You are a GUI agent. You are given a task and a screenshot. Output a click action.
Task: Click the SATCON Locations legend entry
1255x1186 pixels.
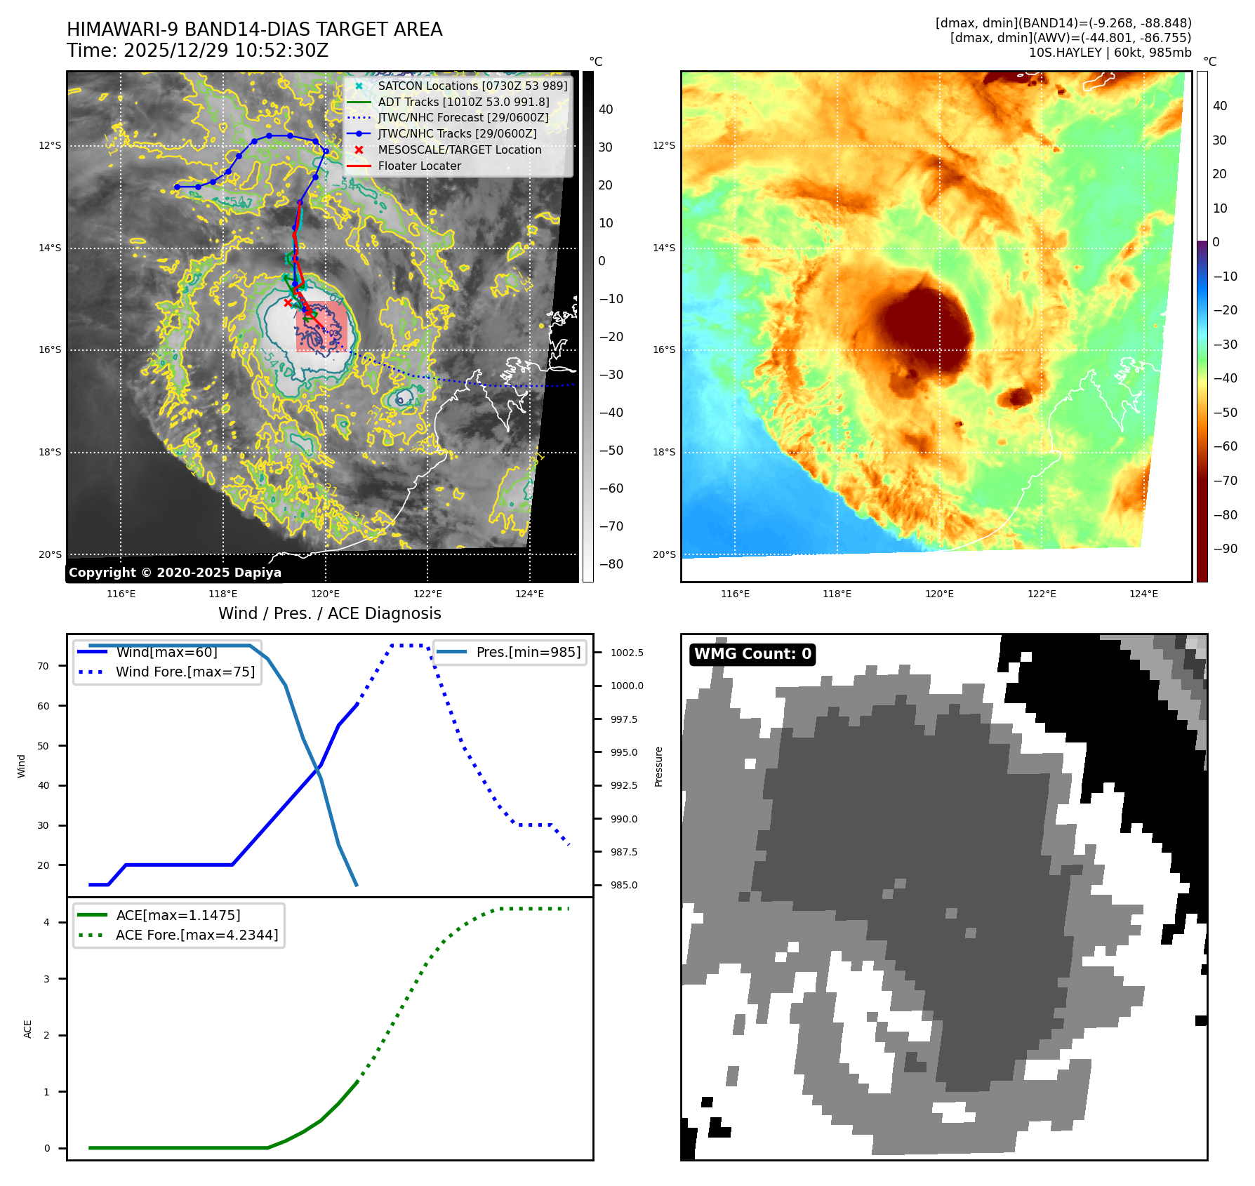[x=472, y=86]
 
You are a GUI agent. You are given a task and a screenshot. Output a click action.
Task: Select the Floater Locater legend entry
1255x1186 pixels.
[x=419, y=166]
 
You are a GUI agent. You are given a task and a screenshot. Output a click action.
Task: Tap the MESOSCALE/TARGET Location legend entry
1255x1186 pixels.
[x=459, y=149]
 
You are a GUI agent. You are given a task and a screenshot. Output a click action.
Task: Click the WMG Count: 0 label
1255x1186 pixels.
[x=752, y=654]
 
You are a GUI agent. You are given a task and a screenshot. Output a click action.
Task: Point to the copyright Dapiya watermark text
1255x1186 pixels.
[x=175, y=573]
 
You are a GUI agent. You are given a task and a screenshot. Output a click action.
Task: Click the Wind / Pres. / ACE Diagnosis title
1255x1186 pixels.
[x=330, y=613]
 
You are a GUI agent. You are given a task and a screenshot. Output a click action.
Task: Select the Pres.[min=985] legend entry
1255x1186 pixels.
[x=528, y=652]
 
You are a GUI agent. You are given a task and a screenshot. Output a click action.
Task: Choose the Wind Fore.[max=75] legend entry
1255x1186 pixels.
[x=185, y=672]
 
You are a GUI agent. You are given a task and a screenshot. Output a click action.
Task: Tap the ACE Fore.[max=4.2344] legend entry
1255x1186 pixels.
[x=197, y=935]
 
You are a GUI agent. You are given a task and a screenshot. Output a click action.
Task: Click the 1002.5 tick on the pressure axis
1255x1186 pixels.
[x=627, y=653]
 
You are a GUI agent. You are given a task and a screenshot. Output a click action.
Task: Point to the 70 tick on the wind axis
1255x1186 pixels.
[x=44, y=666]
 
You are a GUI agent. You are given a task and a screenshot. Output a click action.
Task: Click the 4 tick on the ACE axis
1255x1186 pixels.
[x=47, y=922]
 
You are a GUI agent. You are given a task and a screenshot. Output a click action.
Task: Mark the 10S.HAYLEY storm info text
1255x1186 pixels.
[x=1110, y=53]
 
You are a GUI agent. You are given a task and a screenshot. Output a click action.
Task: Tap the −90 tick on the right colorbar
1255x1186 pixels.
[x=1226, y=549]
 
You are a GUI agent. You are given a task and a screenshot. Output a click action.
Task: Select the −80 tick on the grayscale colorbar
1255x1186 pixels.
[x=611, y=564]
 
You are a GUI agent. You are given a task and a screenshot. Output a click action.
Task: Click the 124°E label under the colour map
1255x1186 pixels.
[x=1143, y=594]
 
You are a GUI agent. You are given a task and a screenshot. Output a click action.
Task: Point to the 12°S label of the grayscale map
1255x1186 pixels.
[x=50, y=145]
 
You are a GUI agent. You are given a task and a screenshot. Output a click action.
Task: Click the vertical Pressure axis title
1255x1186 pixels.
[x=658, y=766]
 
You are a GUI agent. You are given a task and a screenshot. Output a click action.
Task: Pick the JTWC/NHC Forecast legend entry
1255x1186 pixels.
[x=463, y=117]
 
